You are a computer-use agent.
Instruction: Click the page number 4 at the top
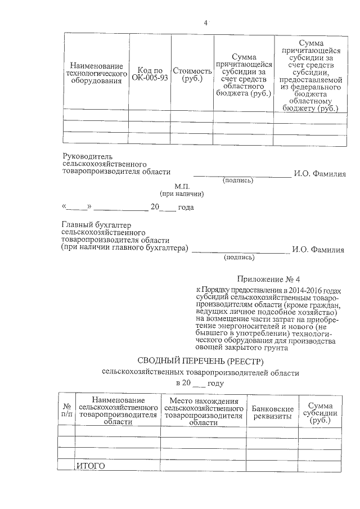(x=205, y=23)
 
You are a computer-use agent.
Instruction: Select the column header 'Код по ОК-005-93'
(x=150, y=74)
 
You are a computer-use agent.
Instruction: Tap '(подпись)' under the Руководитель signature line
(x=238, y=181)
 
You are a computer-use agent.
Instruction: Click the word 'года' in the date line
(x=186, y=208)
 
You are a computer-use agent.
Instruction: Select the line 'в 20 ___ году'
(x=200, y=384)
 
